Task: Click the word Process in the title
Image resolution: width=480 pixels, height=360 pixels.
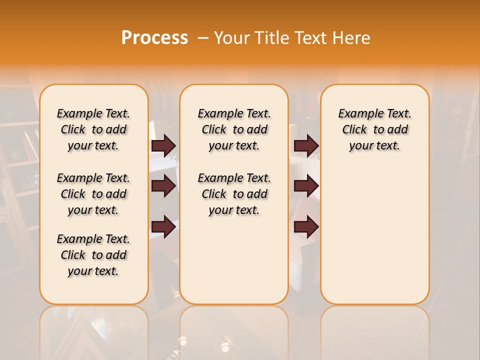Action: point(154,37)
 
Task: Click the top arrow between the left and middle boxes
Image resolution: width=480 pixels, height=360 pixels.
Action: point(163,145)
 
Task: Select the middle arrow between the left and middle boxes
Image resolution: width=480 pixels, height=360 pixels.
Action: point(163,186)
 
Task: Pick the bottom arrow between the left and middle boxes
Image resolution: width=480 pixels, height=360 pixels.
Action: point(163,226)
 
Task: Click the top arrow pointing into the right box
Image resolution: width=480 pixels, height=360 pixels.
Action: point(306,145)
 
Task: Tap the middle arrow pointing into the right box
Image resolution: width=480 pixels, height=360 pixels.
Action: point(306,186)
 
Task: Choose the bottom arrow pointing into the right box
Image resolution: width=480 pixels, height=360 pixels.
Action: point(306,226)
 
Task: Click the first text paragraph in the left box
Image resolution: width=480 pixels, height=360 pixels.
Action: point(93,129)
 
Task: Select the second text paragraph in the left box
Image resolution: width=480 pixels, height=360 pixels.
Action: point(93,194)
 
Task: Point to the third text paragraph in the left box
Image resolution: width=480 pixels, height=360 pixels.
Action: point(93,255)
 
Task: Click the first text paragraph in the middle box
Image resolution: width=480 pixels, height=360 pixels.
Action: point(234,129)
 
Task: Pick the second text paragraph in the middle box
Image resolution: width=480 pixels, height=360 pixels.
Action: point(234,194)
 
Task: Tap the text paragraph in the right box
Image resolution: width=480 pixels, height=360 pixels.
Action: point(374,129)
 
